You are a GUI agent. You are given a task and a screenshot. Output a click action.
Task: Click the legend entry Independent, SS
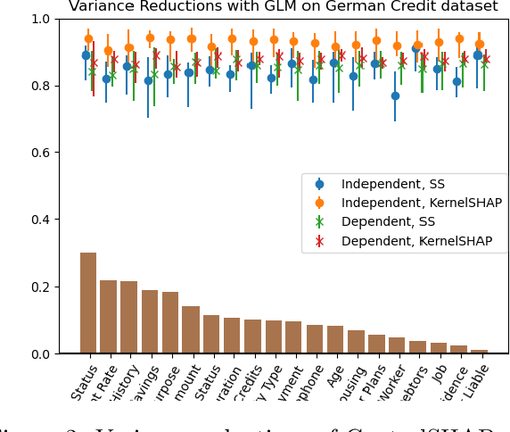click(x=392, y=185)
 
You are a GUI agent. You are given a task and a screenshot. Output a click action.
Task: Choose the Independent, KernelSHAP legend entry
click(x=421, y=204)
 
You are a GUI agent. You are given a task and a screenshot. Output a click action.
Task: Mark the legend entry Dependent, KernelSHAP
click(x=416, y=241)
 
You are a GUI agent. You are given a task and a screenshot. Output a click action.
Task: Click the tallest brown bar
click(x=88, y=303)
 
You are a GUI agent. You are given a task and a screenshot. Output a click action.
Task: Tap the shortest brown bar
click(x=479, y=351)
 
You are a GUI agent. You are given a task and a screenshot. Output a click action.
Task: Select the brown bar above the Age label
click(x=335, y=339)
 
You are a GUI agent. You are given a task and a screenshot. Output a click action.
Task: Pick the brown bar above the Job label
click(x=439, y=347)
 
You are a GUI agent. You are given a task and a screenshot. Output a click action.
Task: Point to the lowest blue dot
click(x=395, y=96)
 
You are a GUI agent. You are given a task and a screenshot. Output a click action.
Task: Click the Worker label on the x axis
click(x=395, y=385)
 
